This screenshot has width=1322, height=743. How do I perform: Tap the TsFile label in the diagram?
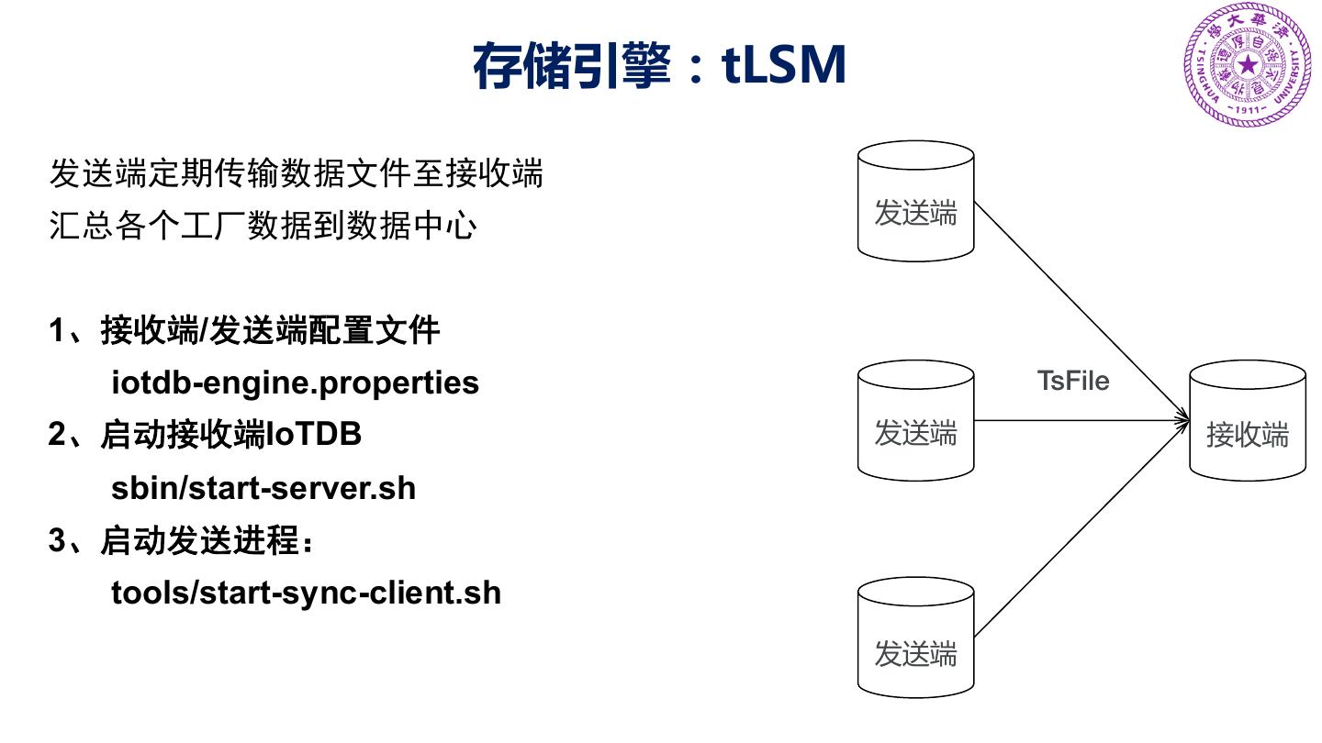click(1072, 380)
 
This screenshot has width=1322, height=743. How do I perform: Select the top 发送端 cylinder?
click(915, 202)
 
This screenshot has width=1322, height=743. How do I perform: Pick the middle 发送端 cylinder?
click(915, 422)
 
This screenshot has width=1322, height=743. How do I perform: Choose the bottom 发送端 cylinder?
click(915, 642)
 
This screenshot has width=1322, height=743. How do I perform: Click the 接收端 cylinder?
click(1247, 422)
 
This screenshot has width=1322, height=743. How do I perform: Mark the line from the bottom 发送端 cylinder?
click(1074, 532)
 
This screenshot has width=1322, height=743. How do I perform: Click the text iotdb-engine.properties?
click(295, 382)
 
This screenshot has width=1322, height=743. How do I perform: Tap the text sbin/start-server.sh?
click(263, 488)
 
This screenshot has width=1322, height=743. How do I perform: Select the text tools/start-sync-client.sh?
click(307, 593)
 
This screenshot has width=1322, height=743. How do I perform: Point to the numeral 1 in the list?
click(57, 330)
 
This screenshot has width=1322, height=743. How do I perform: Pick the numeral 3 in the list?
click(57, 541)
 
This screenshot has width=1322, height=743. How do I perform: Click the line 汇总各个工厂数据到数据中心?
click(263, 227)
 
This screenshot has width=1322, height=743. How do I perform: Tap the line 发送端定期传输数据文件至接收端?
click(297, 173)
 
